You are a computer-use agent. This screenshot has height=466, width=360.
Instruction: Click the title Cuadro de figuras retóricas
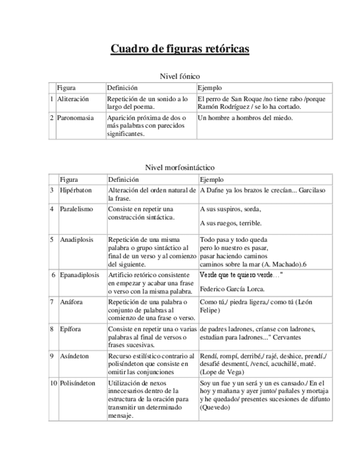tap(180, 49)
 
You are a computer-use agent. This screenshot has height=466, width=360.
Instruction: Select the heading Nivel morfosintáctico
tap(180, 167)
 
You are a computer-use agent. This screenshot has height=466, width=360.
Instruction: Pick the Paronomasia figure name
tap(75, 118)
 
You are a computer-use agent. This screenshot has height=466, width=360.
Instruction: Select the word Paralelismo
tap(76, 209)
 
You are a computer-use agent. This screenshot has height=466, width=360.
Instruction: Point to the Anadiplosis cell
tap(76, 240)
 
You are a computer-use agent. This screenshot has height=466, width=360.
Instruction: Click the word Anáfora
tap(72, 302)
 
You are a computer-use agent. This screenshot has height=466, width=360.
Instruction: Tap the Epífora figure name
tap(71, 329)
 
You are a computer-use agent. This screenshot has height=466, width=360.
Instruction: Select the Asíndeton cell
tap(74, 356)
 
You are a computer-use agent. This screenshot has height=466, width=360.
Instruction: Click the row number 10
tap(53, 383)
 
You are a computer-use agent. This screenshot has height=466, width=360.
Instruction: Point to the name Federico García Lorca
tap(232, 289)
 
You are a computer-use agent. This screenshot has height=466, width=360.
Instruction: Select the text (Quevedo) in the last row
tap(215, 408)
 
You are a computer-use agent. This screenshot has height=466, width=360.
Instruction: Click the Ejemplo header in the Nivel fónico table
tap(209, 88)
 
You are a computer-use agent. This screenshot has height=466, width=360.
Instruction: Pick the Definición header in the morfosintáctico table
tap(123, 179)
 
